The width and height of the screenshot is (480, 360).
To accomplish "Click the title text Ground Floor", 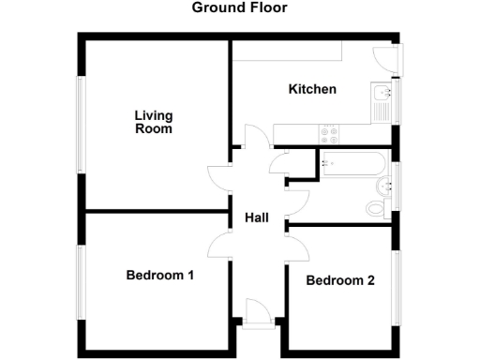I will [239, 8].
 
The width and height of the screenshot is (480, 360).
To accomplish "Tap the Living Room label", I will [154, 122].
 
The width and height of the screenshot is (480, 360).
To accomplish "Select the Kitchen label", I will [312, 90].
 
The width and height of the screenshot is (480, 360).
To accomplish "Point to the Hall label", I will [257, 217].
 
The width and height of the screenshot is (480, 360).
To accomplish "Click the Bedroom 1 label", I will [160, 276].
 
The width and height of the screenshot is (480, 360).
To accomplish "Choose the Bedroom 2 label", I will [340, 280].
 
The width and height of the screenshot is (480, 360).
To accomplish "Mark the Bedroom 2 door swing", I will [297, 249].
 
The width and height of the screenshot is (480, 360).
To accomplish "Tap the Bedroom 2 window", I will [396, 281].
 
